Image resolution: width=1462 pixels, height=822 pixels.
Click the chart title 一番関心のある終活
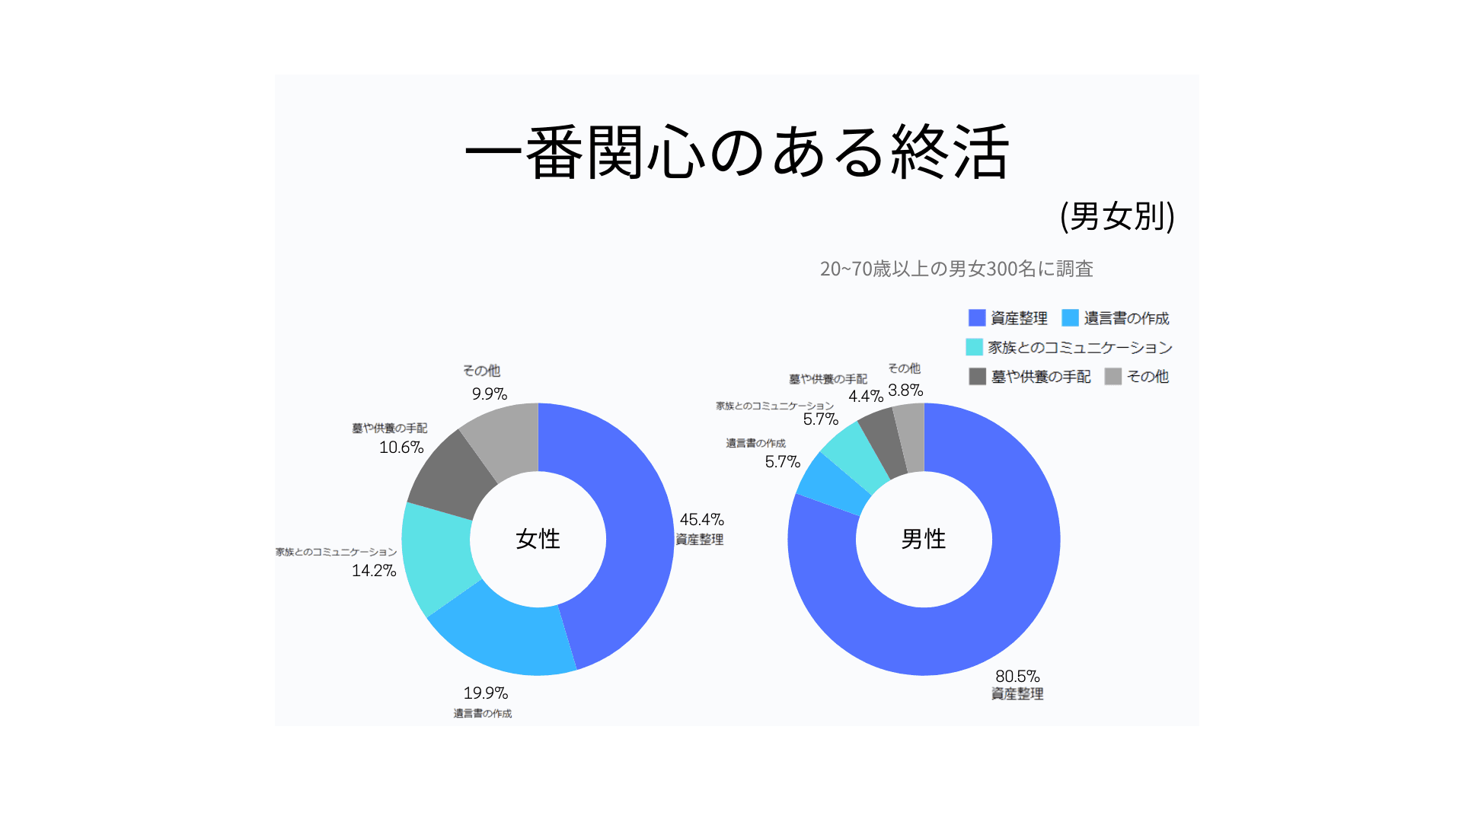pyautogui.click(x=736, y=152)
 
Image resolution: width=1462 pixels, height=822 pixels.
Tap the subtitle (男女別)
pyautogui.click(x=1117, y=216)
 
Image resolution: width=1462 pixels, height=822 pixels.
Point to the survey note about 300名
pyautogui.click(x=956, y=269)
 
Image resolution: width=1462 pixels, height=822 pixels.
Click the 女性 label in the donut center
pyautogui.click(x=538, y=539)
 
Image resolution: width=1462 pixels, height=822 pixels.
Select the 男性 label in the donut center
pyautogui.click(x=923, y=539)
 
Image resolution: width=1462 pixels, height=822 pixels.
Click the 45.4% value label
pyautogui.click(x=701, y=520)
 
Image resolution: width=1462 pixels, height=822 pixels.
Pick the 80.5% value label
pyautogui.click(x=1017, y=677)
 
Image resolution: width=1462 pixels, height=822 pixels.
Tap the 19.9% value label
pyautogui.click(x=485, y=693)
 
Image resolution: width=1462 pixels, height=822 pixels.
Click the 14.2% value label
pyautogui.click(x=374, y=571)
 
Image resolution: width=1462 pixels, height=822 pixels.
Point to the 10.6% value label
pyautogui.click(x=401, y=448)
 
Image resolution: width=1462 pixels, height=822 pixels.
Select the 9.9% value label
pyautogui.click(x=489, y=394)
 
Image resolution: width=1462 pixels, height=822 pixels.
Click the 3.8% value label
pyautogui.click(x=905, y=390)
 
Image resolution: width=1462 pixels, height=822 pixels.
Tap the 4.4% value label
pyautogui.click(x=866, y=397)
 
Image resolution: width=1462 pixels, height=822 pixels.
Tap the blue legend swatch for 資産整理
pyautogui.click(x=977, y=317)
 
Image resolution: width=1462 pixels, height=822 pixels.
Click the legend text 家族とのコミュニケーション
pyautogui.click(x=1080, y=348)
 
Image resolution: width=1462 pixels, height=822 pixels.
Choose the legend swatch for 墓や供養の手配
pyautogui.click(x=977, y=376)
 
